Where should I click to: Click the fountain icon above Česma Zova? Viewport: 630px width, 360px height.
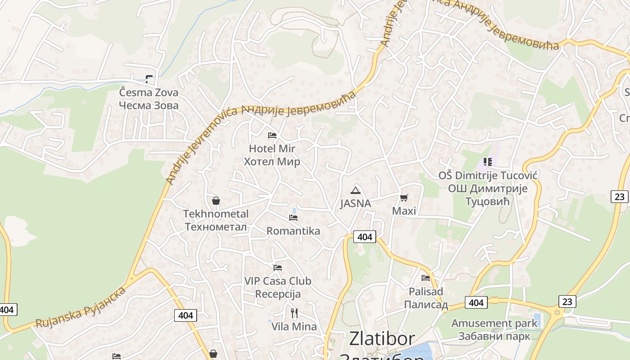(x=149, y=79)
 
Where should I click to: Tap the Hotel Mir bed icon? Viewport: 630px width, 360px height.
(x=272, y=135)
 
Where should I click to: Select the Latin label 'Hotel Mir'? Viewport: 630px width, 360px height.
(x=272, y=148)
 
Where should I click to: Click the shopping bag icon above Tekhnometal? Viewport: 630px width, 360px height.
(x=216, y=201)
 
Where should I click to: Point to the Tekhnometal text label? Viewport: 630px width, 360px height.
(x=216, y=214)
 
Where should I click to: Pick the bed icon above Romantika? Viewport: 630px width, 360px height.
(x=293, y=218)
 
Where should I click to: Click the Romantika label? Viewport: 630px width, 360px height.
(x=293, y=231)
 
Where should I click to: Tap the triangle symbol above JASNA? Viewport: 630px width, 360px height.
(x=355, y=190)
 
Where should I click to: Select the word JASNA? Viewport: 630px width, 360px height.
(x=355, y=203)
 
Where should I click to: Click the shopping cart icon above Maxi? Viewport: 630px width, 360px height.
(x=404, y=198)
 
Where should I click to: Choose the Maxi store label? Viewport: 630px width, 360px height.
(x=404, y=211)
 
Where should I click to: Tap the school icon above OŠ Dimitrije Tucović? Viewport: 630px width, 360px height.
(x=488, y=162)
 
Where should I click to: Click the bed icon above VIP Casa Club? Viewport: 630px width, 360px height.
(x=278, y=267)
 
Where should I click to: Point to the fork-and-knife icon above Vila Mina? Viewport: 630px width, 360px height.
(x=294, y=313)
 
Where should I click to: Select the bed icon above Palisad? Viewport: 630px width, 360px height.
(x=426, y=278)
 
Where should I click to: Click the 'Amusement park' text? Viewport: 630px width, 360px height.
(x=494, y=323)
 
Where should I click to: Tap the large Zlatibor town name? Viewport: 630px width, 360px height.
(x=382, y=338)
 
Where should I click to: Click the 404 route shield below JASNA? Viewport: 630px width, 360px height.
(x=364, y=236)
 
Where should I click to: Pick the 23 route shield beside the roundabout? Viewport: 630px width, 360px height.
(x=567, y=301)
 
